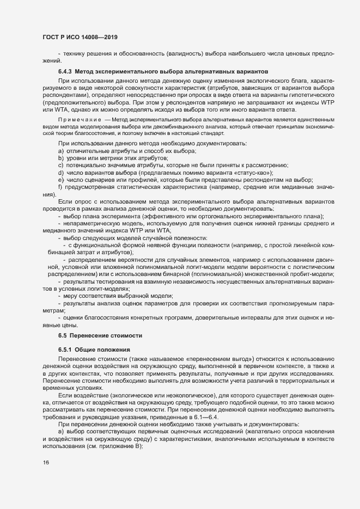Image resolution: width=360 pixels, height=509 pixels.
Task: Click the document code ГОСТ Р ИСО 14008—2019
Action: (x=80, y=36)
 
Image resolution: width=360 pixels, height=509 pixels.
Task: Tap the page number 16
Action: (x=45, y=462)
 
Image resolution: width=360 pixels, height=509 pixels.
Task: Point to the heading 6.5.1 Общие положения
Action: (x=92, y=348)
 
